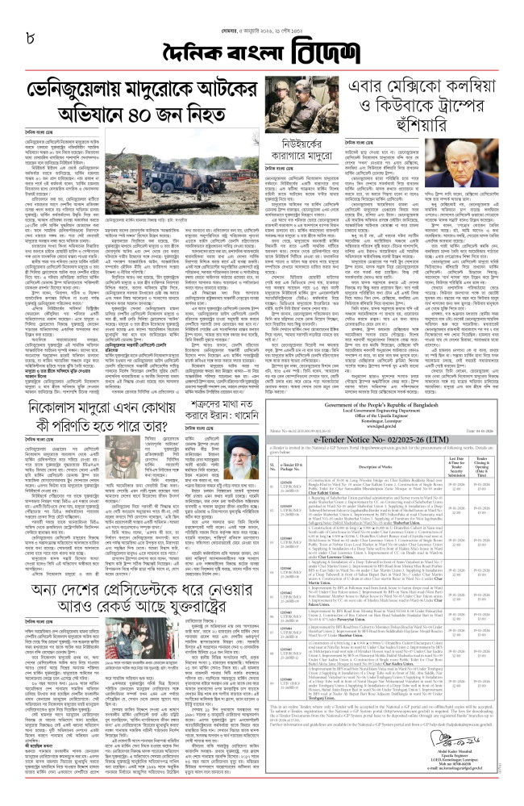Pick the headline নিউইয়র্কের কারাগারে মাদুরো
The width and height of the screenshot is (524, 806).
pos(286,159)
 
